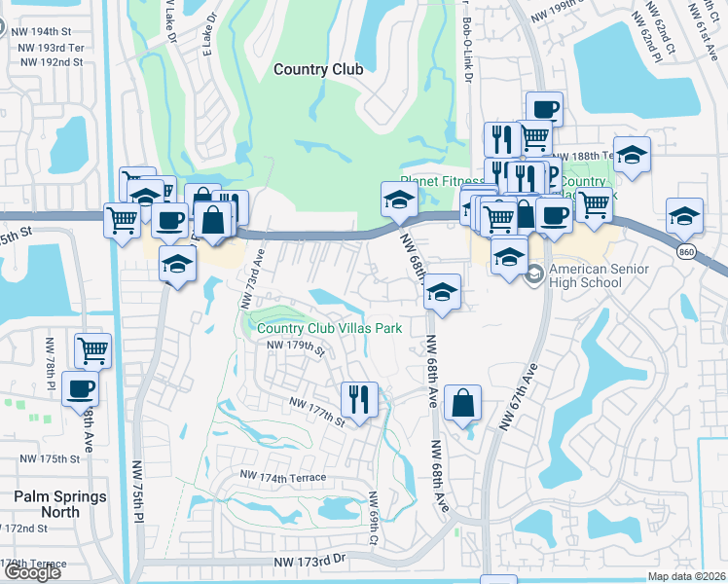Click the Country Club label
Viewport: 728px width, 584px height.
(318, 69)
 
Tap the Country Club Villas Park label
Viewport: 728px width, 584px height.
(330, 328)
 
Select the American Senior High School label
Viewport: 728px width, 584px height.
(585, 275)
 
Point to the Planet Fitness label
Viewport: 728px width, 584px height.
(442, 182)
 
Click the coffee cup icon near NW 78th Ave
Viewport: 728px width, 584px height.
(80, 388)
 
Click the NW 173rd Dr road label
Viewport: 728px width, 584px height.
(309, 563)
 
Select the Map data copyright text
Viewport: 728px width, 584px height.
(685, 576)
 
